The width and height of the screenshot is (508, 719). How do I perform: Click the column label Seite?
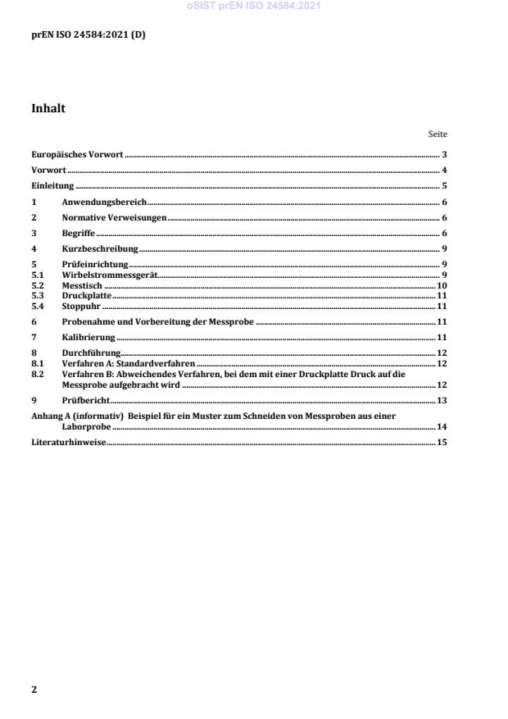[438, 134]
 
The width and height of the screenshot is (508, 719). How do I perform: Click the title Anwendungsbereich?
[103, 202]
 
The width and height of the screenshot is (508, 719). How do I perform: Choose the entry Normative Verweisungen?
[114, 217]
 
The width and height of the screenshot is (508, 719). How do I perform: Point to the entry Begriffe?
[79, 233]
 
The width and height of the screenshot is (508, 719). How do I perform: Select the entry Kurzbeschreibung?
[100, 248]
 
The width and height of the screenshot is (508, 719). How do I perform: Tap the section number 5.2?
[37, 284]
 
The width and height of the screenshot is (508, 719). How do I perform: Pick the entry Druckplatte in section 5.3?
[86, 295]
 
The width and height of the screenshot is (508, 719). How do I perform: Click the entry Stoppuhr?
[81, 305]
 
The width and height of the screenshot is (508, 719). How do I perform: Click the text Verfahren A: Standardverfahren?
[129, 362]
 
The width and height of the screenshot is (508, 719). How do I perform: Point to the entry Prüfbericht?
[86, 400]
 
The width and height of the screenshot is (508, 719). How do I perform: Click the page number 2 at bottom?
[34, 689]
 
